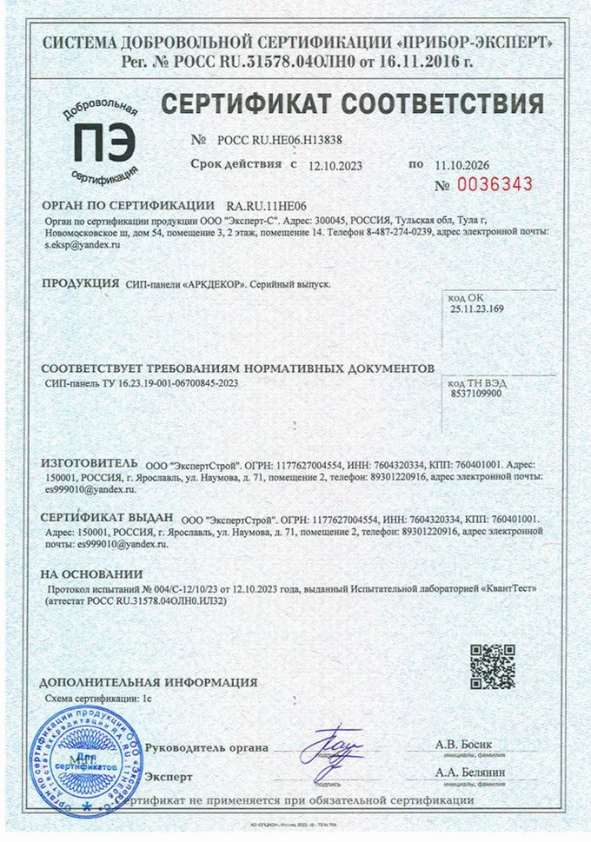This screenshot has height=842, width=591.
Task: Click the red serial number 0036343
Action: (x=496, y=185)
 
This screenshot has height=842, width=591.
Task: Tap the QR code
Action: (x=493, y=666)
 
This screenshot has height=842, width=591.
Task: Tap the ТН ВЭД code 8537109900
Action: (x=476, y=393)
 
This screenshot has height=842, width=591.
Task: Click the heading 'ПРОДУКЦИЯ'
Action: (x=81, y=283)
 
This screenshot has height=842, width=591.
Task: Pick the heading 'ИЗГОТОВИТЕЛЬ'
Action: (x=90, y=465)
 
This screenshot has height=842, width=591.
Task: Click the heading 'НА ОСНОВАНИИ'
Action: (x=91, y=573)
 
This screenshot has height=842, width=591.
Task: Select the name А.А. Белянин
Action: (x=470, y=772)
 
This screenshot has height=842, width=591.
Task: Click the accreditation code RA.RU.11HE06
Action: (x=272, y=206)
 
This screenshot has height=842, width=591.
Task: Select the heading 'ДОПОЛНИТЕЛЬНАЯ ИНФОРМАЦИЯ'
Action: (x=148, y=682)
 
